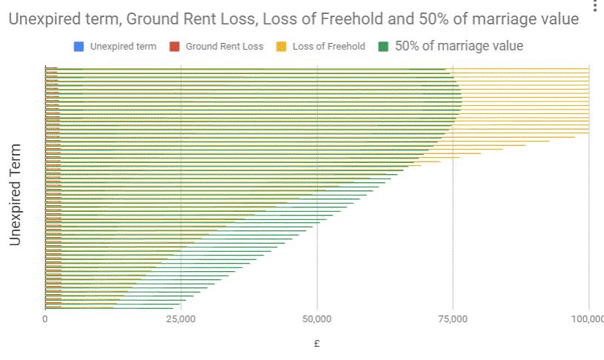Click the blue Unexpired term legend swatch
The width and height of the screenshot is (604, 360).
point(79,47)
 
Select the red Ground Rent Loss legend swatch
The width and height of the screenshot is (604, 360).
point(175,47)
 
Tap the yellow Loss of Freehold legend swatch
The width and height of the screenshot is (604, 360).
point(282,47)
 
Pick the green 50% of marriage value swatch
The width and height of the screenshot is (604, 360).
point(384,47)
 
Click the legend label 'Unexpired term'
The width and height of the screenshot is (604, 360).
point(123,47)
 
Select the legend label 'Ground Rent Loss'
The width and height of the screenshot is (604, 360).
point(224,47)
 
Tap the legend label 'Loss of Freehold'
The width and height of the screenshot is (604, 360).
point(328,47)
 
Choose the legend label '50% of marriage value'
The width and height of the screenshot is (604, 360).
point(459,46)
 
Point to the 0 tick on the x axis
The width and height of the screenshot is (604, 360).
point(45,319)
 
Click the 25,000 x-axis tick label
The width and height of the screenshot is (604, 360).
point(181,319)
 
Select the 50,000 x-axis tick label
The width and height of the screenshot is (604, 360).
point(317,319)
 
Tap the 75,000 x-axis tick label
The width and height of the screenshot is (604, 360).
point(453,319)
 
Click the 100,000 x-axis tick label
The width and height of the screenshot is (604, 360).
point(587,319)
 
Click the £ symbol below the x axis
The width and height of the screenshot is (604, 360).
point(317,343)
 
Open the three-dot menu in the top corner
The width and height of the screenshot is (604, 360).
point(594,7)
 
